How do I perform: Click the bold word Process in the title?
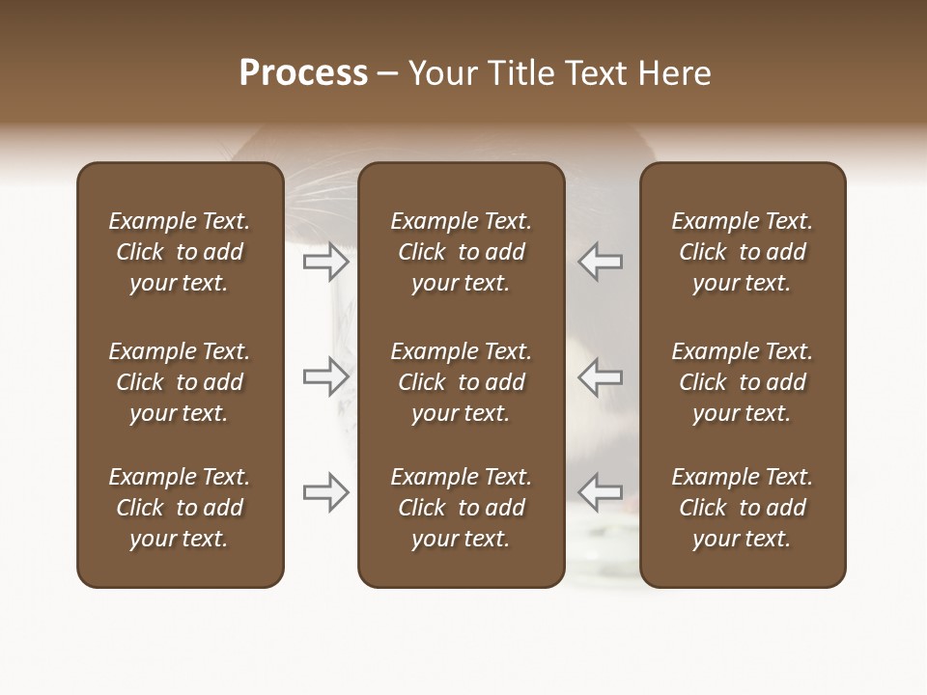(303, 73)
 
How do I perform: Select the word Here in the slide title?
(674, 73)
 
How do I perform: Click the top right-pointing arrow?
(326, 262)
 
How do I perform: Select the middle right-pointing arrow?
(326, 376)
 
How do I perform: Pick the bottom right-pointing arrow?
(326, 492)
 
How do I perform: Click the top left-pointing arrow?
(600, 262)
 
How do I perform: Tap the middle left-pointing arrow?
(600, 376)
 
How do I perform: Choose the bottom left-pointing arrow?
(600, 492)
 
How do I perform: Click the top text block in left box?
(180, 252)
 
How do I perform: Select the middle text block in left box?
(180, 382)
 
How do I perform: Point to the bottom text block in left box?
(180, 508)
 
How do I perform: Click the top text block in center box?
(462, 252)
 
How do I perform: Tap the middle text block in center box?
(462, 382)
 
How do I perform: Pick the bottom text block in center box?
(462, 508)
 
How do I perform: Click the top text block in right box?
(743, 252)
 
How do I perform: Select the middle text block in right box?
(743, 382)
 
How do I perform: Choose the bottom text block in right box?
(743, 508)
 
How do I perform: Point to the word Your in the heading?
(442, 73)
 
